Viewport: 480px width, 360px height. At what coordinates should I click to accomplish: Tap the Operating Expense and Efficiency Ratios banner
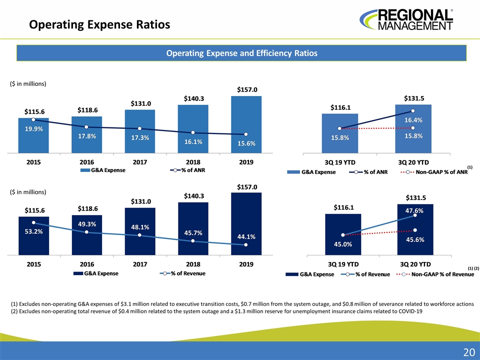pyautogui.click(x=241, y=52)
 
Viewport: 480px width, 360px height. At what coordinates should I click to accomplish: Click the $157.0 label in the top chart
pyautogui.click(x=247, y=89)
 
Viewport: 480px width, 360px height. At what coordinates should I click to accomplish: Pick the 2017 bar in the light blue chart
pyautogui.click(x=140, y=131)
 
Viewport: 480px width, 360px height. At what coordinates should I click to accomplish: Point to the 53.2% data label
pyautogui.click(x=33, y=231)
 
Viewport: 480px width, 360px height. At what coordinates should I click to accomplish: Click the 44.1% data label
pyautogui.click(x=247, y=236)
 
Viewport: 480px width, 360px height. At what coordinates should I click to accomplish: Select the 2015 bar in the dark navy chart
pyautogui.click(x=33, y=235)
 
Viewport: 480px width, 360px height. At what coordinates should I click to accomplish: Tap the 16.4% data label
pyautogui.click(x=413, y=120)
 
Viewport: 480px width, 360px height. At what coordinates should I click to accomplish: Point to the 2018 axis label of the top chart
pyautogui.click(x=193, y=162)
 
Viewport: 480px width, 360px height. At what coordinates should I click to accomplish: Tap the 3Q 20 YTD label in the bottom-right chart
pyautogui.click(x=413, y=263)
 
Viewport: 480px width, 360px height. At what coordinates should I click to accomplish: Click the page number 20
pyautogui.click(x=468, y=352)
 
